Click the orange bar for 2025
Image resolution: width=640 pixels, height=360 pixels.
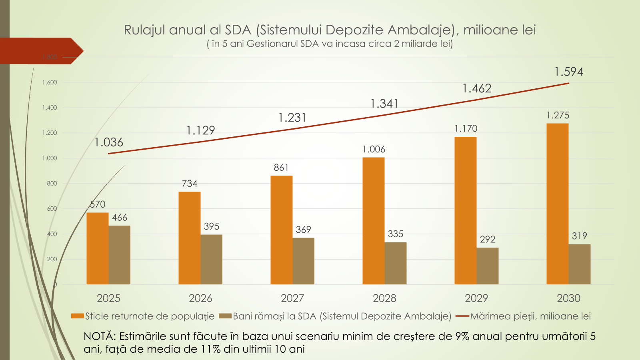click(x=97, y=248)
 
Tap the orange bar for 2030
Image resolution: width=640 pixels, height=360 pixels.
click(x=557, y=204)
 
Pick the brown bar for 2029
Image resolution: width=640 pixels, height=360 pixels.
click(x=487, y=266)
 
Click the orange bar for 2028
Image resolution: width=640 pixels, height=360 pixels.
click(x=373, y=221)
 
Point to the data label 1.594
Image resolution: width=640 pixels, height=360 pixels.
click(x=568, y=72)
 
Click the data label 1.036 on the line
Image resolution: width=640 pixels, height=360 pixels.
click(x=108, y=142)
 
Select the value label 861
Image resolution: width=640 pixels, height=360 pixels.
click(x=281, y=168)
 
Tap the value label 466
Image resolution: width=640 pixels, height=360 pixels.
click(x=119, y=218)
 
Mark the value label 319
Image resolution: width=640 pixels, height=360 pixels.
click(x=579, y=236)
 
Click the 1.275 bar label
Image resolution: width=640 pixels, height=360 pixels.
click(x=558, y=116)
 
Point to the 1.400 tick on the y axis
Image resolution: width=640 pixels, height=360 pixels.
click(x=50, y=108)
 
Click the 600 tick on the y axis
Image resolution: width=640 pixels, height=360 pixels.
click(x=52, y=209)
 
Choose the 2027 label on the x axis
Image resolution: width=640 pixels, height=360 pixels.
click(x=292, y=298)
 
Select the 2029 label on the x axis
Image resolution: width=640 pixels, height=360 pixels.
click(x=476, y=298)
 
